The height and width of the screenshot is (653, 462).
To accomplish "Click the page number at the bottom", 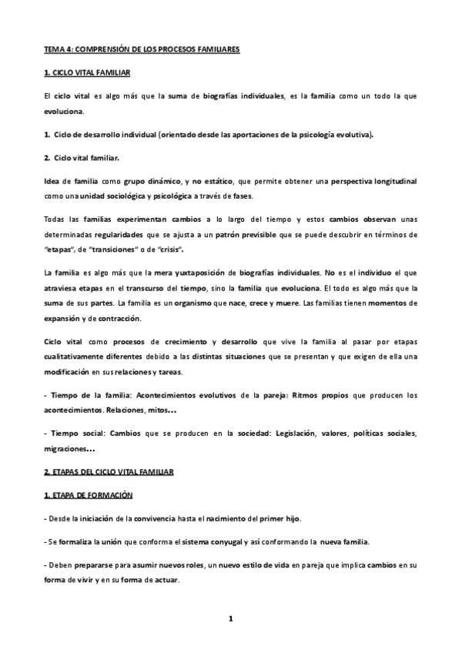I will [231, 618].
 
